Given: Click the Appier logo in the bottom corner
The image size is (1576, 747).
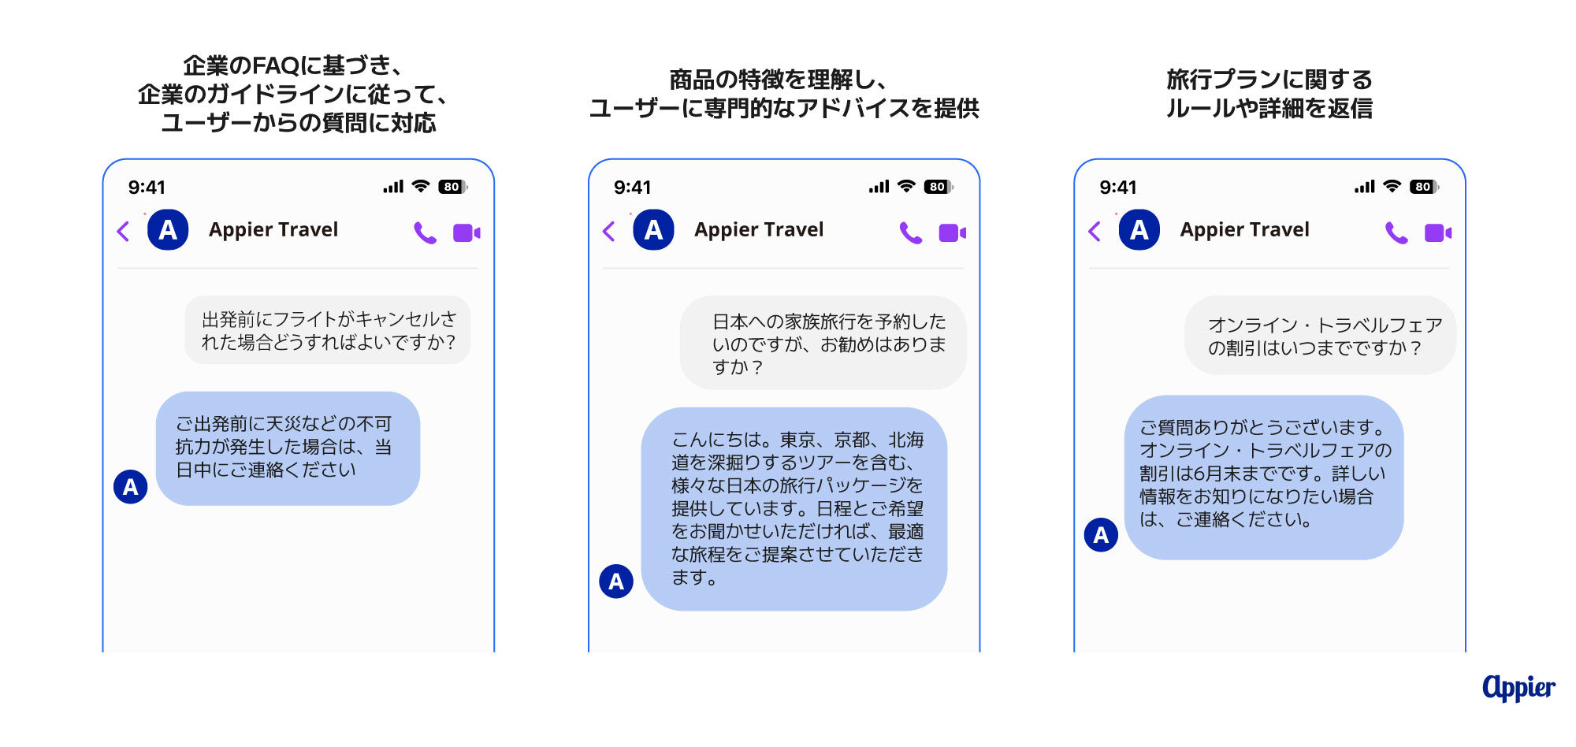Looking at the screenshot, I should [x=1518, y=688].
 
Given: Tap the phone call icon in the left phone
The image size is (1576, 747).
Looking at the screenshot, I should [x=425, y=232].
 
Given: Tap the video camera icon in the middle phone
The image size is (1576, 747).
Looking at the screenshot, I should [x=952, y=232].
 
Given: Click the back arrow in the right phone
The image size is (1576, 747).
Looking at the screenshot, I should [x=1095, y=231].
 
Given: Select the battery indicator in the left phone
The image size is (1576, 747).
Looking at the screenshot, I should [x=452, y=187].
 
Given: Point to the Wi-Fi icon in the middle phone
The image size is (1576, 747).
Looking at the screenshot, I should [x=906, y=186].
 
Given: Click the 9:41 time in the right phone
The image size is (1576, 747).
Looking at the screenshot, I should [x=1117, y=188].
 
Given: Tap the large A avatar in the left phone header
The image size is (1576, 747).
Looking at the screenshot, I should [x=168, y=230].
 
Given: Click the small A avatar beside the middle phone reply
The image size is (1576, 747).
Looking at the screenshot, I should [x=616, y=582].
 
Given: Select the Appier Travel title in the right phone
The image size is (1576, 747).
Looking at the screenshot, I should [x=1244, y=229].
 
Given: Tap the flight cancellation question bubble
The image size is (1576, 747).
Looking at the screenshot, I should [x=328, y=330].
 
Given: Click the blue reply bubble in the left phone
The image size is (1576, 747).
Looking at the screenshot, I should [x=288, y=448].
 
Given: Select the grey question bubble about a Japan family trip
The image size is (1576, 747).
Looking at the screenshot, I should [x=823, y=343].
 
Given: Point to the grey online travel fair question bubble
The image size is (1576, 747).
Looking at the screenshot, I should [x=1320, y=336].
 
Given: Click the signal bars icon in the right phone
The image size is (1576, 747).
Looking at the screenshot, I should [x=1364, y=187].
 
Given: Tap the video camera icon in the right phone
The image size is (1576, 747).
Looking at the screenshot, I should [x=1437, y=232].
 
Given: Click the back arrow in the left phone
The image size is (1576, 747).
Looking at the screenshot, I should [x=123, y=231].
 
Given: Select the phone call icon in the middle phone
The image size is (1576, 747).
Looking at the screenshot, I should [x=910, y=232].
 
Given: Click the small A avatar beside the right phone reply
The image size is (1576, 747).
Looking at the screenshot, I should [x=1101, y=535].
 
